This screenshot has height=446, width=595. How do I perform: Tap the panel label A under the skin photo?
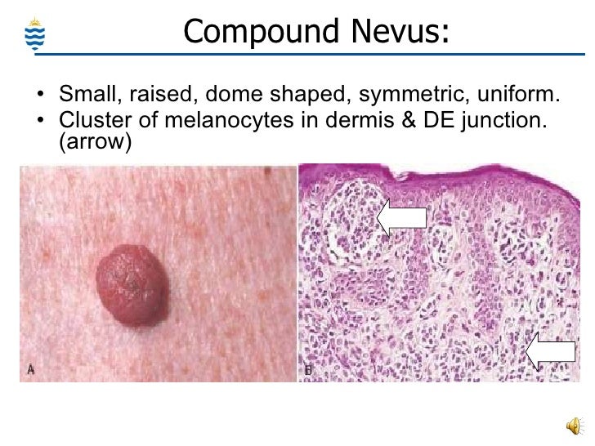[x=31, y=369]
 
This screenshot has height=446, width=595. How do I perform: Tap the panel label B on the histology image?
[x=308, y=369]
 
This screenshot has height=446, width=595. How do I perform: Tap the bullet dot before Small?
[x=41, y=98]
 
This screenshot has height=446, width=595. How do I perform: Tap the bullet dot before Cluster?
[x=41, y=123]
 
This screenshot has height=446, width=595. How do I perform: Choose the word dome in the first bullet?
[x=217, y=96]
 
